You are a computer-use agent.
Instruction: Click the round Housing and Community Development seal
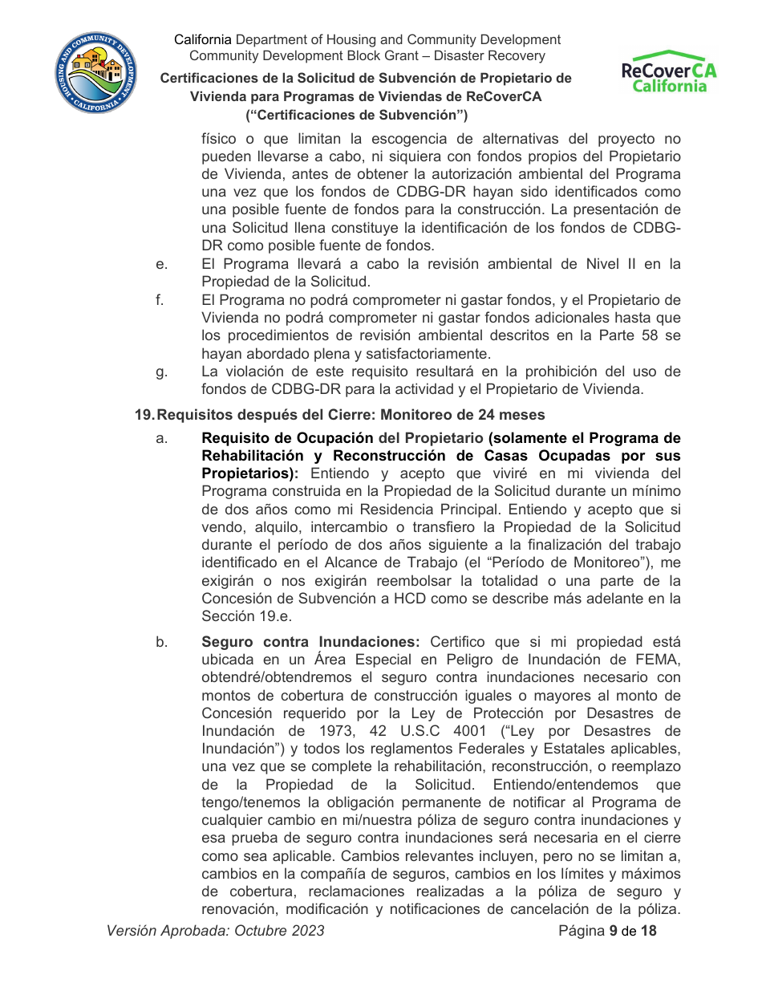(x=95, y=74)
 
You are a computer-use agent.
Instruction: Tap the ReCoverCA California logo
(x=669, y=72)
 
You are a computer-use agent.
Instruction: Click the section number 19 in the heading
(x=144, y=415)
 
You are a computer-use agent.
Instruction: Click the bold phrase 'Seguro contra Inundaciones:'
(x=311, y=642)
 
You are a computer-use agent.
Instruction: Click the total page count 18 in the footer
(x=648, y=931)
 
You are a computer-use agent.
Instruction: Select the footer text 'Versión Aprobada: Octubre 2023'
(x=216, y=931)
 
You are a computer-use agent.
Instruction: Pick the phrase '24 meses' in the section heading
(x=517, y=415)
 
